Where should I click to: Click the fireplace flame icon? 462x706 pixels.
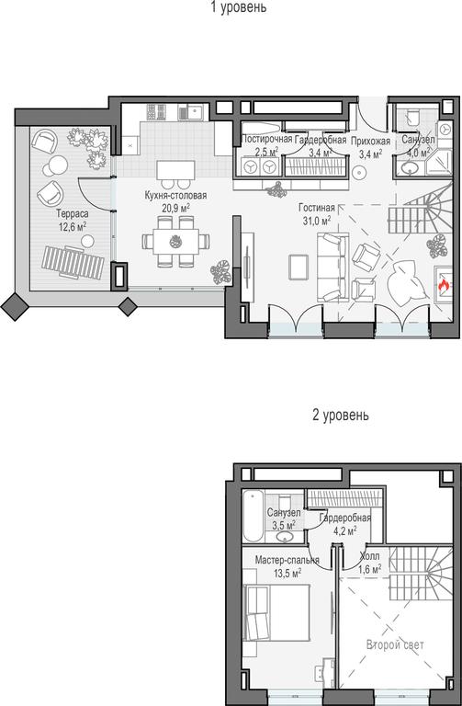[x=443, y=285]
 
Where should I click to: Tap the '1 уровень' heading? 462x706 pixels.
[x=239, y=6]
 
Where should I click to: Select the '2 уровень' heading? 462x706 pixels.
[x=341, y=415]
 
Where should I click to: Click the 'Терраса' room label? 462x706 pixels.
[x=73, y=214]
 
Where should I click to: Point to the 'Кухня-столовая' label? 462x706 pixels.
[x=176, y=196]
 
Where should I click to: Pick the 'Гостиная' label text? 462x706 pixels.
[x=317, y=208]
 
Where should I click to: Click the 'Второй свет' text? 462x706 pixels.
[x=395, y=644]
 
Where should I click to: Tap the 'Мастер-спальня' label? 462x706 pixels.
[x=287, y=560]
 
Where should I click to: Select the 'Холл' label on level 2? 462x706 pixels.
[x=370, y=556]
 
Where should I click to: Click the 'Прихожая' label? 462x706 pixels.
[x=370, y=141]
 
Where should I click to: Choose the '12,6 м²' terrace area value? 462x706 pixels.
[x=73, y=225]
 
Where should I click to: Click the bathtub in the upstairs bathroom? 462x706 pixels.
[x=253, y=516]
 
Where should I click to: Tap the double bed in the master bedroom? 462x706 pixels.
[x=276, y=613]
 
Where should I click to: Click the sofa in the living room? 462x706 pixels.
[x=332, y=267]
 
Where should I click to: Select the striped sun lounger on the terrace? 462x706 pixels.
[x=73, y=263]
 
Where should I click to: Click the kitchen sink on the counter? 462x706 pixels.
[x=194, y=111]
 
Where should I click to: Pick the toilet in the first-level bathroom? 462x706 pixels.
[x=411, y=116]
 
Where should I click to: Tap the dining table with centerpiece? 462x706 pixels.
[x=176, y=242]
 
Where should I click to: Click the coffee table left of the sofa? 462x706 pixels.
[x=299, y=267]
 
